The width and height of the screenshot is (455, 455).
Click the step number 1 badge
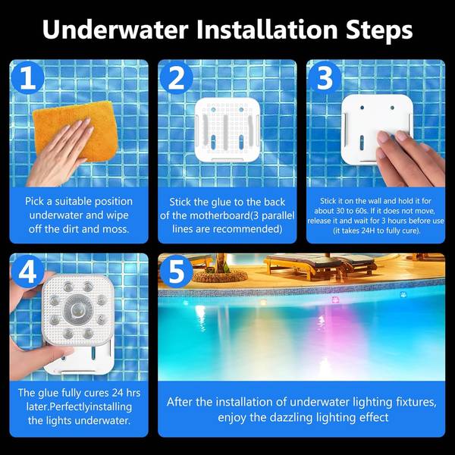[x=27, y=78]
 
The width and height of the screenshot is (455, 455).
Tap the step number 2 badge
[x=176, y=78]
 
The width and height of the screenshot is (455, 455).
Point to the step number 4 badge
[x=27, y=272]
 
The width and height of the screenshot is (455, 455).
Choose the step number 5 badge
[x=176, y=272]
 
